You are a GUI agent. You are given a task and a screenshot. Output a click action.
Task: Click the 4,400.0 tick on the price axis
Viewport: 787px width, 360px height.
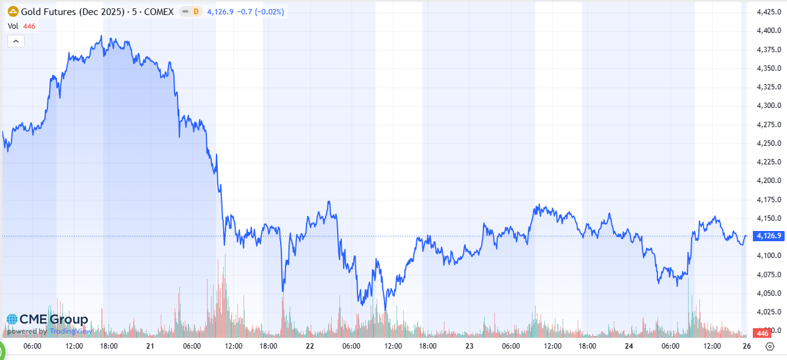(767, 30)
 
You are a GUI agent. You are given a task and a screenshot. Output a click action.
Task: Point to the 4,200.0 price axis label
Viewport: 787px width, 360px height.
(767, 180)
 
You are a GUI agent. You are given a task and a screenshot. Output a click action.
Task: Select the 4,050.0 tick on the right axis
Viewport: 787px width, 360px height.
(767, 293)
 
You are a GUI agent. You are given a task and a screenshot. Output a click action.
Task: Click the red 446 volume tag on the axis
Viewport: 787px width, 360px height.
(763, 333)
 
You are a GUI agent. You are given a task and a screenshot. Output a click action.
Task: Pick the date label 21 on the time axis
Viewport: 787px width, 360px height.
(150, 346)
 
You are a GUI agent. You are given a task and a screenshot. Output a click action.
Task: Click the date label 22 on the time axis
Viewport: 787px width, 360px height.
(310, 346)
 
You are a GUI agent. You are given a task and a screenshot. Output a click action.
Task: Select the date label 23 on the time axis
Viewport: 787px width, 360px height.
(469, 346)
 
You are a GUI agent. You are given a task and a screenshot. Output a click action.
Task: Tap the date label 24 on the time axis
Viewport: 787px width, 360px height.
(629, 346)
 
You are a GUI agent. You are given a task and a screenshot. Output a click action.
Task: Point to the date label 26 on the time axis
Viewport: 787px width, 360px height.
(746, 346)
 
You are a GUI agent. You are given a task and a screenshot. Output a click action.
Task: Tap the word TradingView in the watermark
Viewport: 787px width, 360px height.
(70, 331)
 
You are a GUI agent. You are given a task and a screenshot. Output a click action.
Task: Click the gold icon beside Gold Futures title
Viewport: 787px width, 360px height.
(12, 11)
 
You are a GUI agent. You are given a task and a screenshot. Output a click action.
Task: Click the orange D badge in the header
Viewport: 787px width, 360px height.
(195, 11)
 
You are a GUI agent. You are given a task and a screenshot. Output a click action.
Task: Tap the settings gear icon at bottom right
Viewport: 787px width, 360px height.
(770, 346)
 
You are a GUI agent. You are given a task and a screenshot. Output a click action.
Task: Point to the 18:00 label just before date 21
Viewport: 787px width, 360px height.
(109, 346)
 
